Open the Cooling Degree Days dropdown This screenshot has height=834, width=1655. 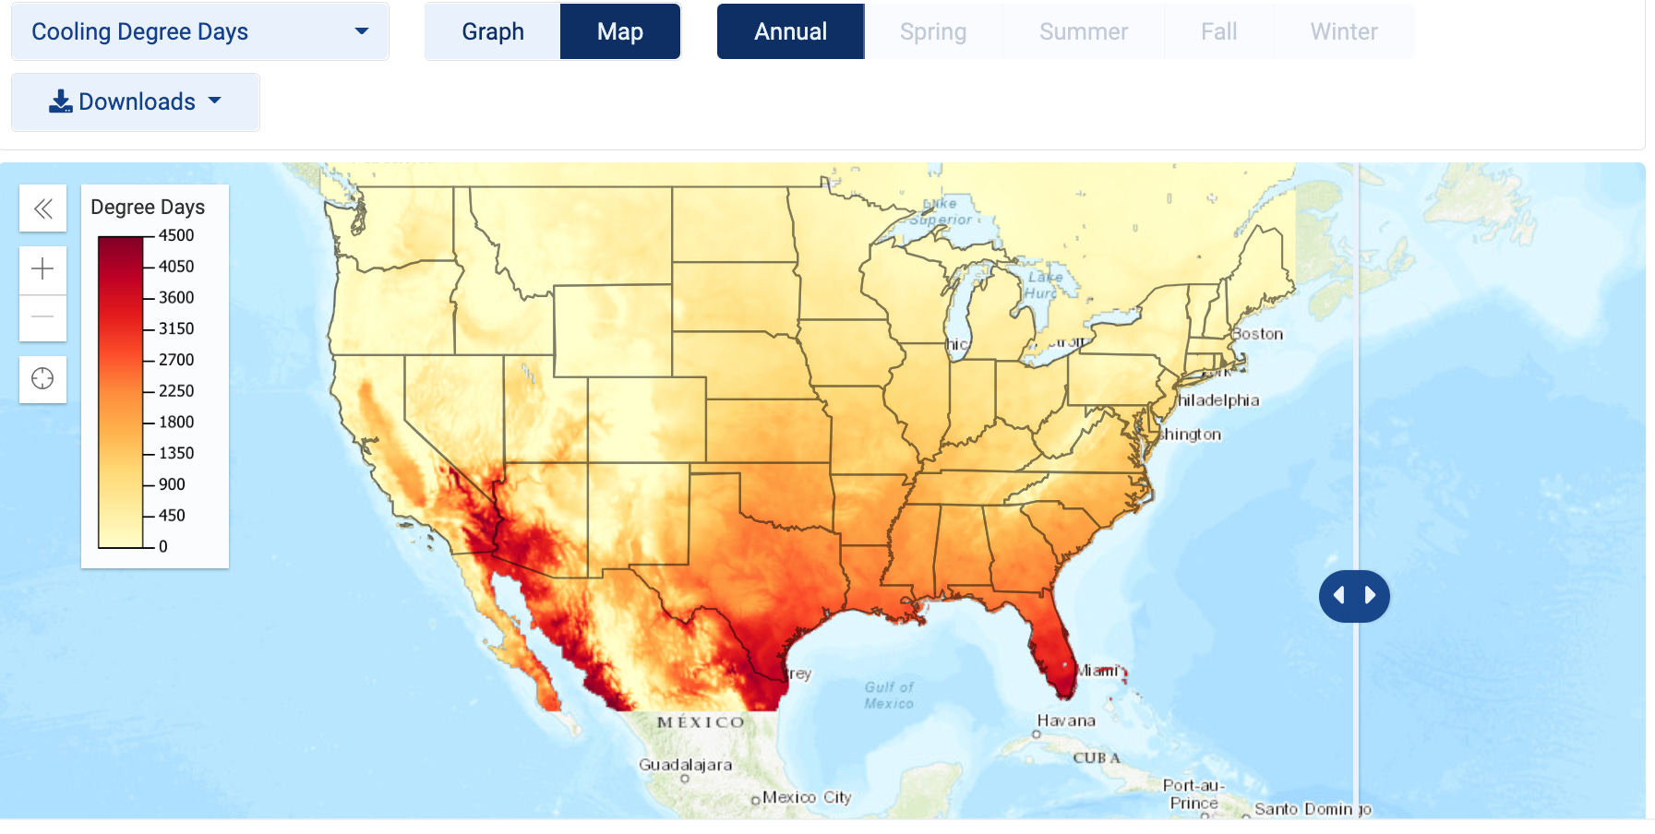pos(199,31)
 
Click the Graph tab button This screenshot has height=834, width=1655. pos(493,31)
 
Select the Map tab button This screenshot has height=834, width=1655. pos(619,31)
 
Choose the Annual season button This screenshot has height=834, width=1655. pos(790,31)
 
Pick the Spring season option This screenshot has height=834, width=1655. pos(933,31)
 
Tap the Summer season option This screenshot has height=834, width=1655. pos(1084,31)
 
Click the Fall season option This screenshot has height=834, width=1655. pos(1218,31)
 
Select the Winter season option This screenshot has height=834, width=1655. pos(1343,31)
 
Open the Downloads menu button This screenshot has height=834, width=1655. pos(136,101)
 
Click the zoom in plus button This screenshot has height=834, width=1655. pos(42,269)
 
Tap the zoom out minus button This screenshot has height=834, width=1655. pos(42,317)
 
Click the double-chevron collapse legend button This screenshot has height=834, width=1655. pos(42,208)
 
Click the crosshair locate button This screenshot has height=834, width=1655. pos(42,379)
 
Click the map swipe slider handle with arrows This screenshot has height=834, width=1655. pos(1354,596)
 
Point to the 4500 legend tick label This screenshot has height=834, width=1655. pos(176,235)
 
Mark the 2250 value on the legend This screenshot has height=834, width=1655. pos(176,391)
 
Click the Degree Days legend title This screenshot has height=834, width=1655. pos(148,207)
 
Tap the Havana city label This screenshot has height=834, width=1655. pos(1066,721)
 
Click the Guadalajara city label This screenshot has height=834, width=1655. pos(685,765)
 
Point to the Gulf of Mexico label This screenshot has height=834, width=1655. pos(889,695)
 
